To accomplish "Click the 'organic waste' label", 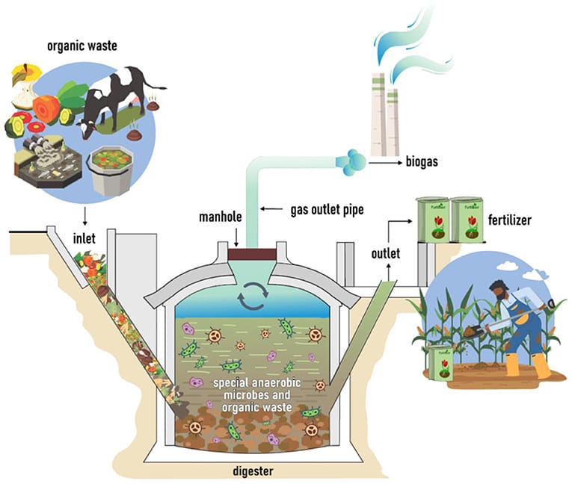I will pos(82,46).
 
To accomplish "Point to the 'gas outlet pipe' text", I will pos(327,210).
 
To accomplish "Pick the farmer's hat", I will pos(499,285).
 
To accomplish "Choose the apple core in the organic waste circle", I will pos(25,90).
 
